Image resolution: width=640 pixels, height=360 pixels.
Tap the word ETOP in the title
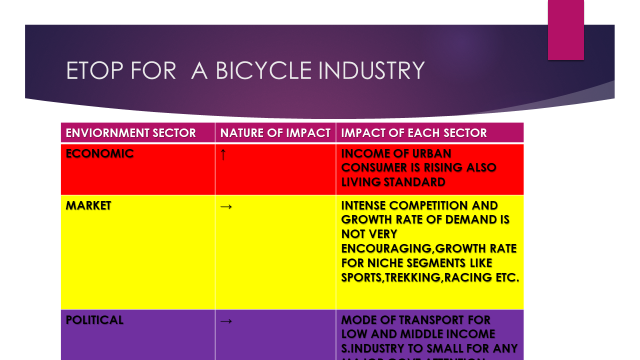[x=95, y=71]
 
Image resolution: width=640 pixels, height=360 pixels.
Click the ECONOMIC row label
[x=99, y=154]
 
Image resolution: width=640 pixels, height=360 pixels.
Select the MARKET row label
[x=90, y=204]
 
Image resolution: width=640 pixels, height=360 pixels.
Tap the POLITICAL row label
[x=95, y=320]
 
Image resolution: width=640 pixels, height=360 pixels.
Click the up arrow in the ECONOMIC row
[x=222, y=155]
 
